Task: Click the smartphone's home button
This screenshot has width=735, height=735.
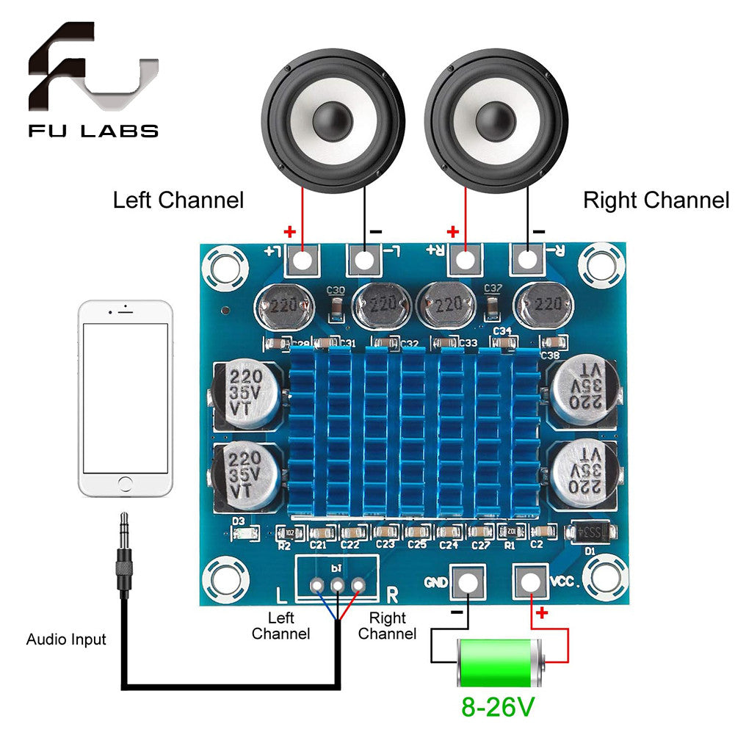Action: [126, 485]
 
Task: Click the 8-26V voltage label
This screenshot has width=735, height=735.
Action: [497, 707]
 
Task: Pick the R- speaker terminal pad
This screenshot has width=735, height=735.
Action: [526, 258]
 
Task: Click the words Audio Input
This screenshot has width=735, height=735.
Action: [66, 640]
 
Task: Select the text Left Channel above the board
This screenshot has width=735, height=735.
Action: [178, 200]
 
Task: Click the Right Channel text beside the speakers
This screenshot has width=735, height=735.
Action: [656, 200]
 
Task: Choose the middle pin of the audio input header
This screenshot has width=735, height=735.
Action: [338, 585]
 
